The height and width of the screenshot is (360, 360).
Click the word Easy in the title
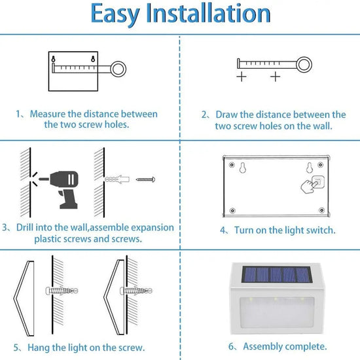coord(115,14)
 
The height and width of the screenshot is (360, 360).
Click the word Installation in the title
coord(208,13)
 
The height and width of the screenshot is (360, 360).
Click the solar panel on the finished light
coord(277,274)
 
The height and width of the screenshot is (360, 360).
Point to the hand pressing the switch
coord(309,187)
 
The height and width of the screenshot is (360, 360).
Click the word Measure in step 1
coord(48,114)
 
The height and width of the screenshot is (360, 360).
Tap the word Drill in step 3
coord(25,228)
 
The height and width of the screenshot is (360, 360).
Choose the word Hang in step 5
coord(39,348)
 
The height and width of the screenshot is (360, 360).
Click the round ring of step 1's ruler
coord(118,69)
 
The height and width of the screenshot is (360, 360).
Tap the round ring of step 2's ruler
coord(304,65)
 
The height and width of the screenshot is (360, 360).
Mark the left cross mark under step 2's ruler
coord(242,77)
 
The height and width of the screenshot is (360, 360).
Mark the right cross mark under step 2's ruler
coord(275,77)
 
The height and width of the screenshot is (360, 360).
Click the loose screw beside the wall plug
coord(145,179)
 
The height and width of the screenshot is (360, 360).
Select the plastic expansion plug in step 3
coord(117,179)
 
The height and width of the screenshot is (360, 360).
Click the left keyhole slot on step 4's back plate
coord(243,168)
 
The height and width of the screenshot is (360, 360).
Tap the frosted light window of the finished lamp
coord(277,312)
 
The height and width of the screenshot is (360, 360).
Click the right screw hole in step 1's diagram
coord(93,59)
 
